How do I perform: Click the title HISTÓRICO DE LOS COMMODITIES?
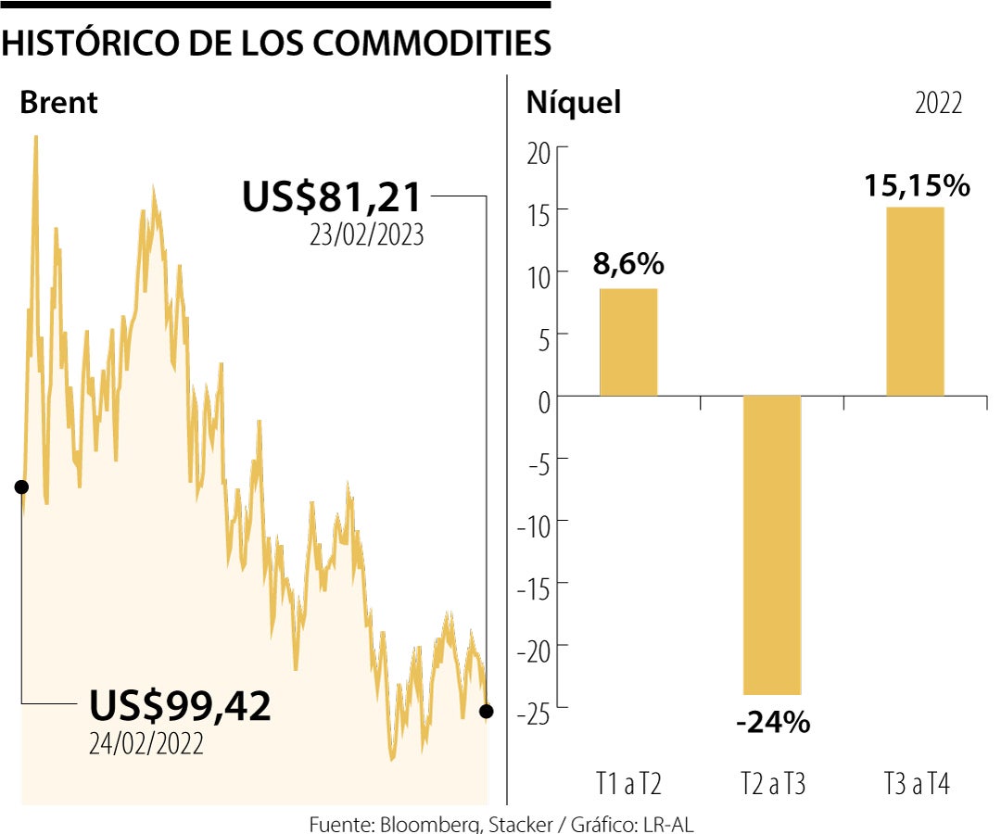point(276,43)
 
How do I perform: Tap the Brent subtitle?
point(58,102)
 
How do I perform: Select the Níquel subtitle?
point(573,102)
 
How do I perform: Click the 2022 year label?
point(938,103)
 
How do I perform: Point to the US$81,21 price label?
point(332,197)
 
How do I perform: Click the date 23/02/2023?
point(367,235)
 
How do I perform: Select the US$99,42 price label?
point(180,706)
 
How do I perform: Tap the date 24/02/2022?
point(146,743)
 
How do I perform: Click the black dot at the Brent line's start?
point(21,486)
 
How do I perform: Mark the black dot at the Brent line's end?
point(486,711)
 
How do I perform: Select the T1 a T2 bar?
point(628,342)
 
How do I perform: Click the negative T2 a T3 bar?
point(772,545)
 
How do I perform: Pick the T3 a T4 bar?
point(915,302)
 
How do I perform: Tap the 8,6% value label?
point(628,264)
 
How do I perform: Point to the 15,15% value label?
point(916,185)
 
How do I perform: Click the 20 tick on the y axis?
point(539,153)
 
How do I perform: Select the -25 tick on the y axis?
point(534,712)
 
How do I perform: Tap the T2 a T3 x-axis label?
point(772,785)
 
